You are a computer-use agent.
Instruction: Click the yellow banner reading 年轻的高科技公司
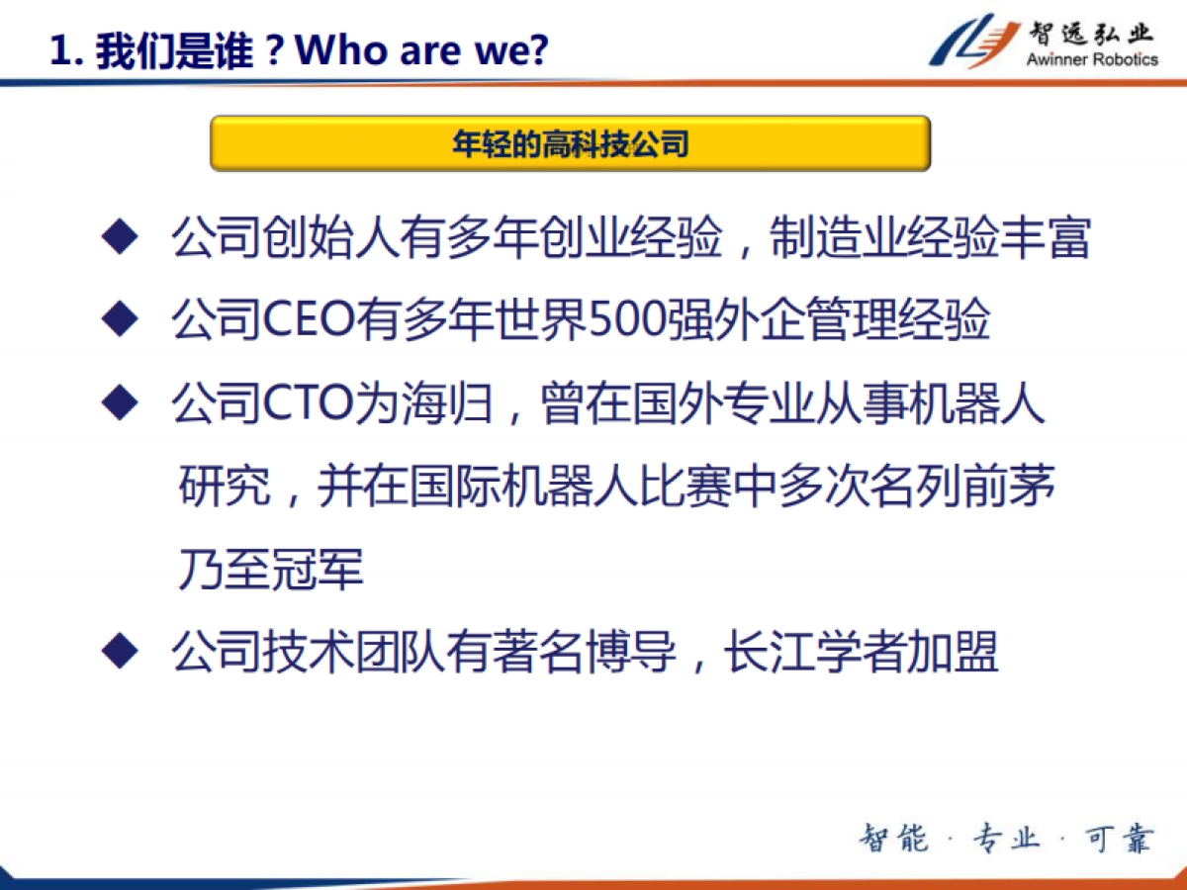(x=570, y=144)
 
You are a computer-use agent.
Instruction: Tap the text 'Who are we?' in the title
(x=421, y=49)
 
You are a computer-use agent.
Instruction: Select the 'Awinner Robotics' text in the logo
(x=1092, y=59)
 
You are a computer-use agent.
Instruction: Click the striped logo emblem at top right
(x=974, y=41)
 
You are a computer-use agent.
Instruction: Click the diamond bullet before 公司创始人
(x=119, y=239)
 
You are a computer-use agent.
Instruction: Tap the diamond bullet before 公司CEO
(x=119, y=320)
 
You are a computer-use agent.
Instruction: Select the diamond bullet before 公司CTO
(x=119, y=403)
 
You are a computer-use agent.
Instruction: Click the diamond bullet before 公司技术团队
(x=119, y=653)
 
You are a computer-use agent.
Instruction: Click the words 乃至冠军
(x=271, y=571)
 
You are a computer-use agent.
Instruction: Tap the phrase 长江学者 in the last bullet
(x=815, y=653)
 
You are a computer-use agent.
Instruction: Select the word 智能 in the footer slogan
(x=894, y=839)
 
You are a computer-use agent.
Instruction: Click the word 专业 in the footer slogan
(x=1006, y=839)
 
